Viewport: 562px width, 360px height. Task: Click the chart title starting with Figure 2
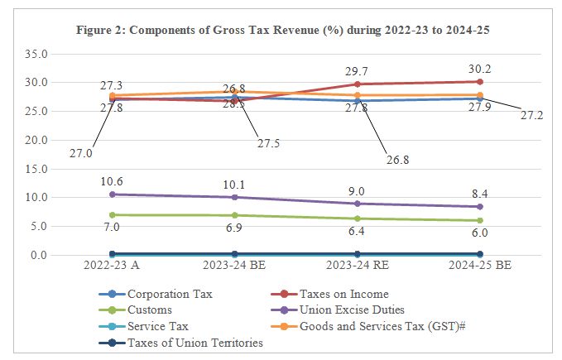281,32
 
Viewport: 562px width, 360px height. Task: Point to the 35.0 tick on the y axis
36,54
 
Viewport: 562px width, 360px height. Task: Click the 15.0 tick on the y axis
36,169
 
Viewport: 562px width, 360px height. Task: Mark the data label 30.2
479,69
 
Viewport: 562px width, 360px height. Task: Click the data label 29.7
358,71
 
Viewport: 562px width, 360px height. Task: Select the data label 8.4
479,194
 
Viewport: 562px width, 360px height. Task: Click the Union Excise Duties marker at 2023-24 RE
358,204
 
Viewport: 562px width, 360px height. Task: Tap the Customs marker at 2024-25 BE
480,220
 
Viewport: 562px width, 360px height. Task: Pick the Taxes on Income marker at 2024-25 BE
480,81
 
